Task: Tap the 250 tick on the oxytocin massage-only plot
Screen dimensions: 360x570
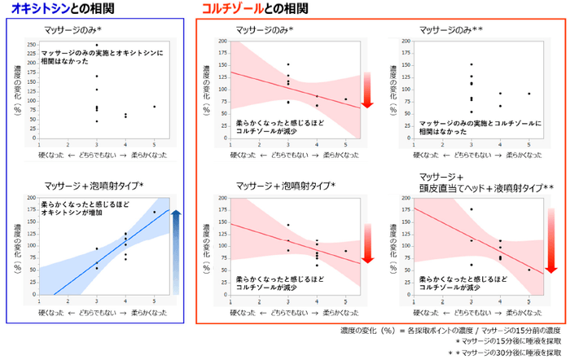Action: click(x=31, y=45)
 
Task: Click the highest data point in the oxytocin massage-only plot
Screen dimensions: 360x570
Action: click(x=97, y=46)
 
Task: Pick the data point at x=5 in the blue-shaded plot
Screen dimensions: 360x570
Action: click(x=154, y=212)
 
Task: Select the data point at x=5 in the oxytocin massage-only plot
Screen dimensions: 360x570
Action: click(x=154, y=107)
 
